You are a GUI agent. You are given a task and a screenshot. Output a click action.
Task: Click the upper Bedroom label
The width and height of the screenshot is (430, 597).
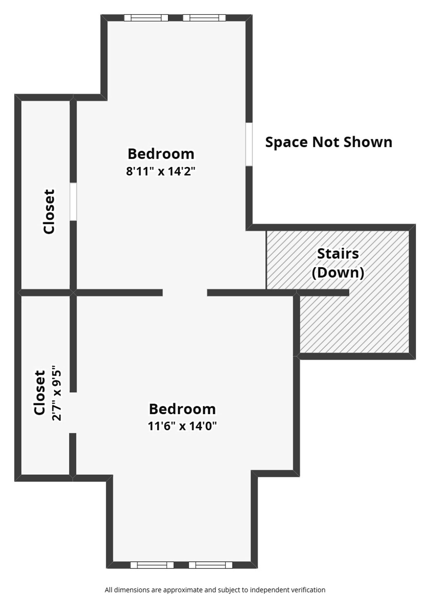161,154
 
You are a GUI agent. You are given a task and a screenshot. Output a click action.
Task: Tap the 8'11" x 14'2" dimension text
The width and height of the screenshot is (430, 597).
160,171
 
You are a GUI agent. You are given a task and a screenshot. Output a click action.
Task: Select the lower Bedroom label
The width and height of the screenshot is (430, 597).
182,409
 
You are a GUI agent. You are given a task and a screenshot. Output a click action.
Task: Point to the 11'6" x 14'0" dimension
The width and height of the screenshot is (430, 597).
182,426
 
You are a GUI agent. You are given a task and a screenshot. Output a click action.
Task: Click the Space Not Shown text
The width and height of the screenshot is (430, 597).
328,142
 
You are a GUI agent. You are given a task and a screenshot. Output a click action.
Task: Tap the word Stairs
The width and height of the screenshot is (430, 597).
338,254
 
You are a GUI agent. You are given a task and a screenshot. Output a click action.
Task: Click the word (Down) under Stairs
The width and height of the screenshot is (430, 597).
338,273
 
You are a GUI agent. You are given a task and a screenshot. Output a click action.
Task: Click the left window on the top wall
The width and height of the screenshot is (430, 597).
146,18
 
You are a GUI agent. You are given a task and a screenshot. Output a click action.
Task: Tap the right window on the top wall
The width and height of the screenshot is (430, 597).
204,18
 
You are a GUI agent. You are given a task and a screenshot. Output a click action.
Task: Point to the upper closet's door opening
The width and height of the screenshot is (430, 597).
73,202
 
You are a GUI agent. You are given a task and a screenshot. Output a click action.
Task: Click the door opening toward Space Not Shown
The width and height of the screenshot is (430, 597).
249,144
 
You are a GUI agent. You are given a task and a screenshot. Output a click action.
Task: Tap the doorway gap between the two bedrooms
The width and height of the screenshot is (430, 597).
185,292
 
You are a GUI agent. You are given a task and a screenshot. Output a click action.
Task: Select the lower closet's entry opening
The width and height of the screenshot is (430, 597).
73,412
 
